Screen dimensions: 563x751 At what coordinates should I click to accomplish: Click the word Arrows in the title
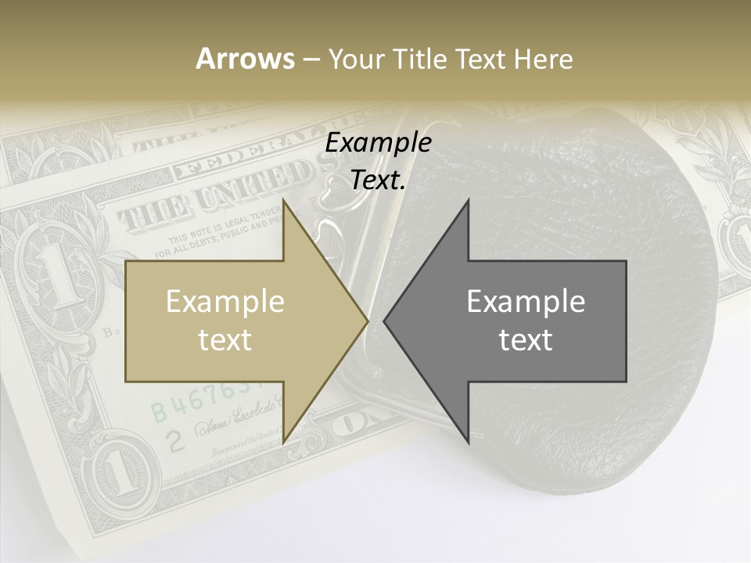[245, 59]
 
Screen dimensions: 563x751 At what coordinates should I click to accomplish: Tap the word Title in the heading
[422, 59]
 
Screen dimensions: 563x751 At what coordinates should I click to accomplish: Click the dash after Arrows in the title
[311, 59]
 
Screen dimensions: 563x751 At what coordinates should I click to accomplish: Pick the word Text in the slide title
[481, 59]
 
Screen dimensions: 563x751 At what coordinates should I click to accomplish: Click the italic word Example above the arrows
[378, 143]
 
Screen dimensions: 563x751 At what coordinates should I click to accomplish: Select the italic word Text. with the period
[378, 181]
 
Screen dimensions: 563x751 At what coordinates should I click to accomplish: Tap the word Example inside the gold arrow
[225, 301]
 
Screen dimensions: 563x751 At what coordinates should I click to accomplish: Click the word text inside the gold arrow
[225, 339]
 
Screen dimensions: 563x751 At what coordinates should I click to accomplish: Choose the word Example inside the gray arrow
[526, 301]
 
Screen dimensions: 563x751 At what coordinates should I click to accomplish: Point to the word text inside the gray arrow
[526, 339]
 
